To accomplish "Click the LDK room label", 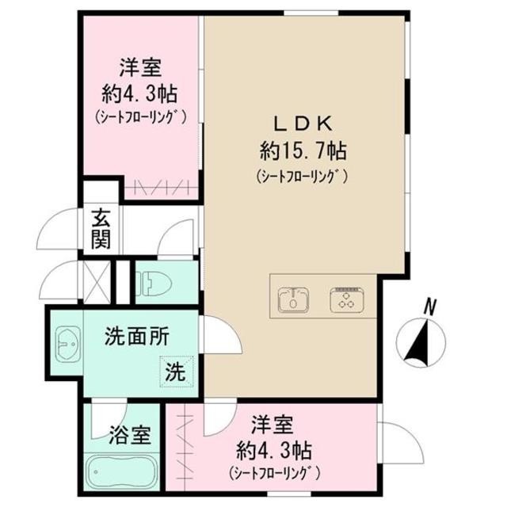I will [307, 123].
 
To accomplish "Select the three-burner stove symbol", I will [345, 298].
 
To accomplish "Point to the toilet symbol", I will [151, 282].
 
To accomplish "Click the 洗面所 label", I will [137, 336].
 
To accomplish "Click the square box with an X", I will [97, 280].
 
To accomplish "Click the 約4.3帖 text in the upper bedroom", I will [139, 92].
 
